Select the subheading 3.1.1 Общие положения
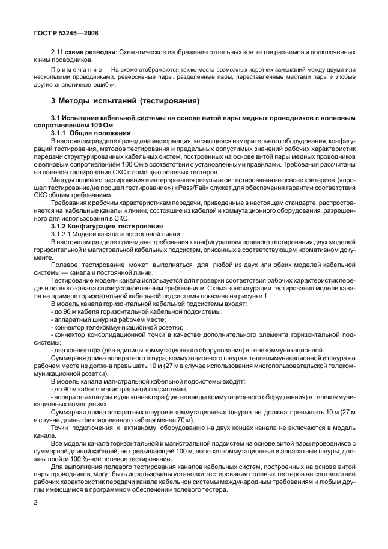click(92, 132)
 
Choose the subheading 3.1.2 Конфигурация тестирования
click(105, 226)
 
